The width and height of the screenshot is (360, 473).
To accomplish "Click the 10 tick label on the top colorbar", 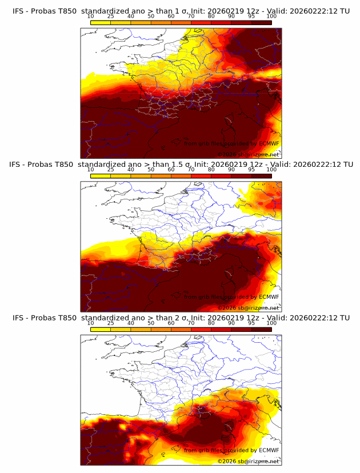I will point(90,16).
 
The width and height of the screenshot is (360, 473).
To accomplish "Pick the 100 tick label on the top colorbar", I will point(271,16).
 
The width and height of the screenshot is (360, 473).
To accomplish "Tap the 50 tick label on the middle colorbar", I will point(151,169).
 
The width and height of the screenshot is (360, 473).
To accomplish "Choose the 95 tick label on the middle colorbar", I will point(251,169).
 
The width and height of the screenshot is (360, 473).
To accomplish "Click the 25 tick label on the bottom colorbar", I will point(110,323).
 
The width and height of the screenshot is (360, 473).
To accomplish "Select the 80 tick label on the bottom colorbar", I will point(211,323).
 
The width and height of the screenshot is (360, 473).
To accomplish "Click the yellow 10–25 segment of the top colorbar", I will point(101,22).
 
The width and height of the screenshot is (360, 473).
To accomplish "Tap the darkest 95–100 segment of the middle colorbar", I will point(261,175).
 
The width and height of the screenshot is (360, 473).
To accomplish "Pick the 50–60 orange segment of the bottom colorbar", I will point(161,329).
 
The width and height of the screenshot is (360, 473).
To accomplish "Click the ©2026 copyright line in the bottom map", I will point(248,461).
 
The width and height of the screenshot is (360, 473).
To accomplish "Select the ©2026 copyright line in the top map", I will point(248,154).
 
